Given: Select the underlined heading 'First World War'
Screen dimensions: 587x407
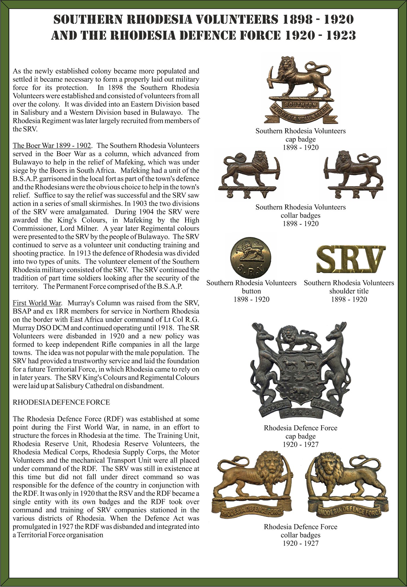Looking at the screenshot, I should click(x=37, y=303).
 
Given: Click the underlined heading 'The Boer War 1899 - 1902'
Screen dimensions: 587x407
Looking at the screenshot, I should click(x=52, y=146).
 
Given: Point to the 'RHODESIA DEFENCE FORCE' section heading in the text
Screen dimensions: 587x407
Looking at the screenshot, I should click(x=61, y=402).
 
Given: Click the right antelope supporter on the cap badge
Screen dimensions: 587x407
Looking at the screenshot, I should click(x=335, y=363).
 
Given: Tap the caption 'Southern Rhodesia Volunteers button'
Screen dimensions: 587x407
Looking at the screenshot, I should click(x=251, y=287).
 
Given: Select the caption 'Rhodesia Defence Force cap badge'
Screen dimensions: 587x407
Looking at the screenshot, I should click(x=300, y=432).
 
